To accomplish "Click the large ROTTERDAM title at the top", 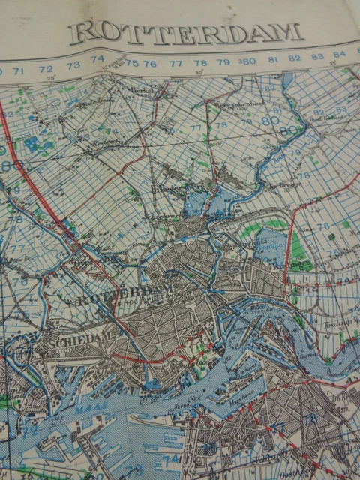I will tap(187, 31).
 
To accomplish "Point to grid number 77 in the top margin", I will tap(176, 63).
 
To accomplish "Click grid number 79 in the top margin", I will tap(223, 62).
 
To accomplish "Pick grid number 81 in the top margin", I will tap(272, 59).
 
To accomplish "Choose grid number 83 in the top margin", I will tap(317, 56).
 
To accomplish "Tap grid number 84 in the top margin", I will tap(340, 54).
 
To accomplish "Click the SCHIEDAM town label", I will tap(65, 340).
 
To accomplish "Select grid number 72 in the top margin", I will tap(46, 67).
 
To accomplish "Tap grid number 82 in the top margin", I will tap(295, 58).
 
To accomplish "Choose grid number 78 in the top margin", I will tap(200, 63).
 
